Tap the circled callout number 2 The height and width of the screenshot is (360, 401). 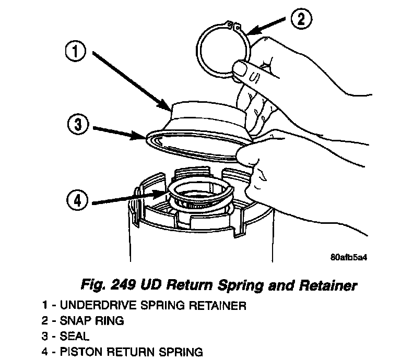pos(299,20)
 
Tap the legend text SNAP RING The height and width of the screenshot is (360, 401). pos(90,321)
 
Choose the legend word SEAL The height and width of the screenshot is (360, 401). pos(75,337)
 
